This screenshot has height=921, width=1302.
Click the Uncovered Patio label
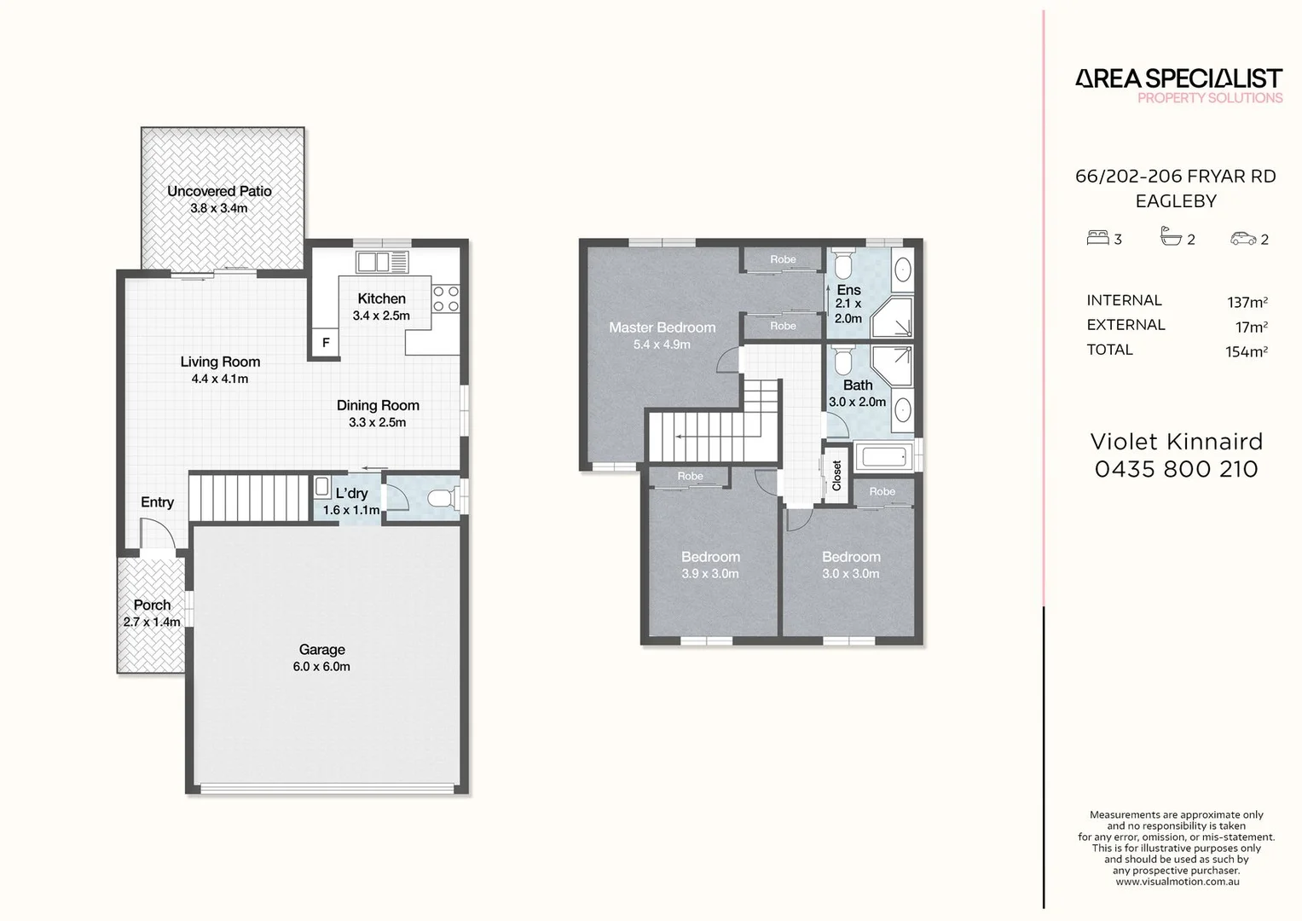click(219, 191)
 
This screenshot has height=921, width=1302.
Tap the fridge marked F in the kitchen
click(325, 343)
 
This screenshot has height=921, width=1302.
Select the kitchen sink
click(383, 261)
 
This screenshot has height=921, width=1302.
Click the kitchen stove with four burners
click(446, 298)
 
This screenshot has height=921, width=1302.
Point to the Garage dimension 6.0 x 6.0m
click(321, 667)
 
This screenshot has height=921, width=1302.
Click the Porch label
click(152, 605)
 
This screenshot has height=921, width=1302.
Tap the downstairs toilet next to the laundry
click(442, 498)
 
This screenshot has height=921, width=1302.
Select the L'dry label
click(351, 493)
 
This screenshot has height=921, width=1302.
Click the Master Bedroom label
click(662, 327)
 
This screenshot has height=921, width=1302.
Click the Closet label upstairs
click(836, 475)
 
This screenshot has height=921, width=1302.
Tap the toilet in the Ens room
click(842, 264)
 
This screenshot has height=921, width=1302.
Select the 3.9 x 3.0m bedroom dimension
click(710, 574)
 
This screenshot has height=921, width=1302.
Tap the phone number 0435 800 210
click(1176, 469)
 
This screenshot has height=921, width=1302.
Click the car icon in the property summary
click(1243, 239)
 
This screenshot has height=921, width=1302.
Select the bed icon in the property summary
click(1097, 238)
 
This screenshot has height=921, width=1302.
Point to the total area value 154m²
click(1246, 351)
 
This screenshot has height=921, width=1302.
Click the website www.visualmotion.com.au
click(1177, 882)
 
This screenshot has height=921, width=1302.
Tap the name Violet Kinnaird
click(1177, 442)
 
